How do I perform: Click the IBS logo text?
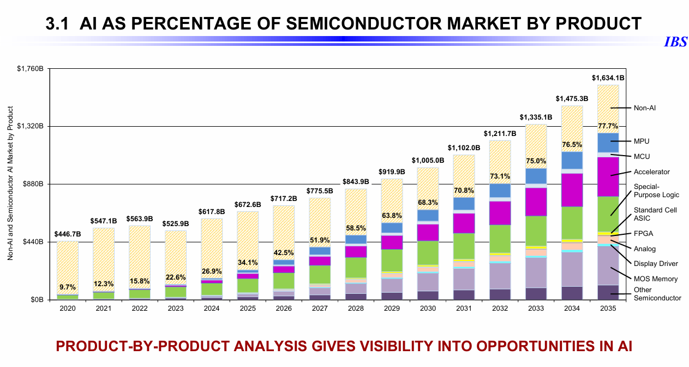[675, 43]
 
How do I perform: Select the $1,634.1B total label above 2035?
[608, 78]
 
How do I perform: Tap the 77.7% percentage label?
[608, 126]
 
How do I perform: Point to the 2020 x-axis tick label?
[68, 309]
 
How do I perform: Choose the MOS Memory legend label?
[656, 279]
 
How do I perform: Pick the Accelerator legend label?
[651, 172]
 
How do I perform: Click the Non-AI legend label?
[645, 108]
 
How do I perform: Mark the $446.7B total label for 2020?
[68, 234]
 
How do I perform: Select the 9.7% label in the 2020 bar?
[68, 287]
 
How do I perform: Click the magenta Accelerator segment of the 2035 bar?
[608, 176]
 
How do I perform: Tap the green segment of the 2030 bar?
[428, 252]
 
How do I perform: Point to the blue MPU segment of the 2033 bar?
[536, 175]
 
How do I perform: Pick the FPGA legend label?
[643, 234]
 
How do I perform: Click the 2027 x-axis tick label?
[319, 309]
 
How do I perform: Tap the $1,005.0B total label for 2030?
[428, 161]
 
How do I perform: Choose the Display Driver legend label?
[656, 264]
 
